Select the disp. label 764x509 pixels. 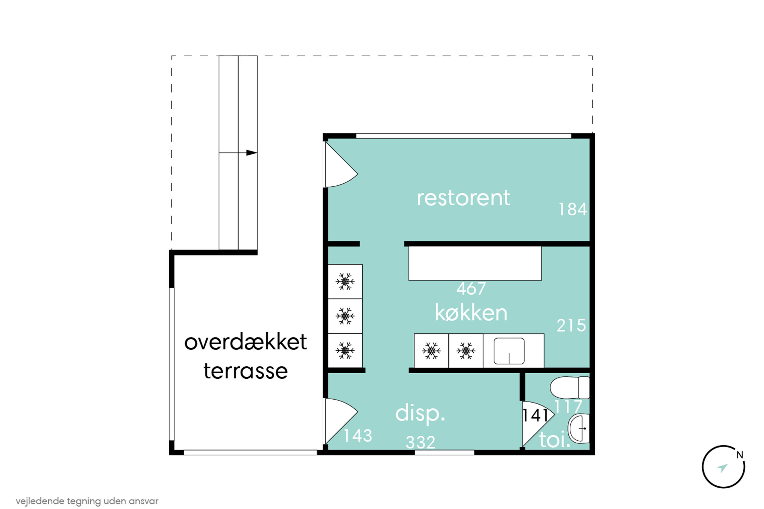click(420, 414)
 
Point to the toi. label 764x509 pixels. click(555, 440)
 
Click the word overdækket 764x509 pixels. click(246, 342)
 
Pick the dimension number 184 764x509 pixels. click(573, 209)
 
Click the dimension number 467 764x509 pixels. click(471, 288)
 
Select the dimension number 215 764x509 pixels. click(572, 325)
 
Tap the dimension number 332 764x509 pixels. click(421, 443)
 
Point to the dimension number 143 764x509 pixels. click(358, 436)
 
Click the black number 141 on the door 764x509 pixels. click(535, 415)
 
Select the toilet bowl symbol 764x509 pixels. click(570, 388)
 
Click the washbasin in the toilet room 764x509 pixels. click(579, 428)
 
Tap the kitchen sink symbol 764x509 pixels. click(509, 351)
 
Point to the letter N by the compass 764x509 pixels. click(740, 455)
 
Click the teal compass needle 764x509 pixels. click(723, 468)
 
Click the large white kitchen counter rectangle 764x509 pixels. click(475, 263)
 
